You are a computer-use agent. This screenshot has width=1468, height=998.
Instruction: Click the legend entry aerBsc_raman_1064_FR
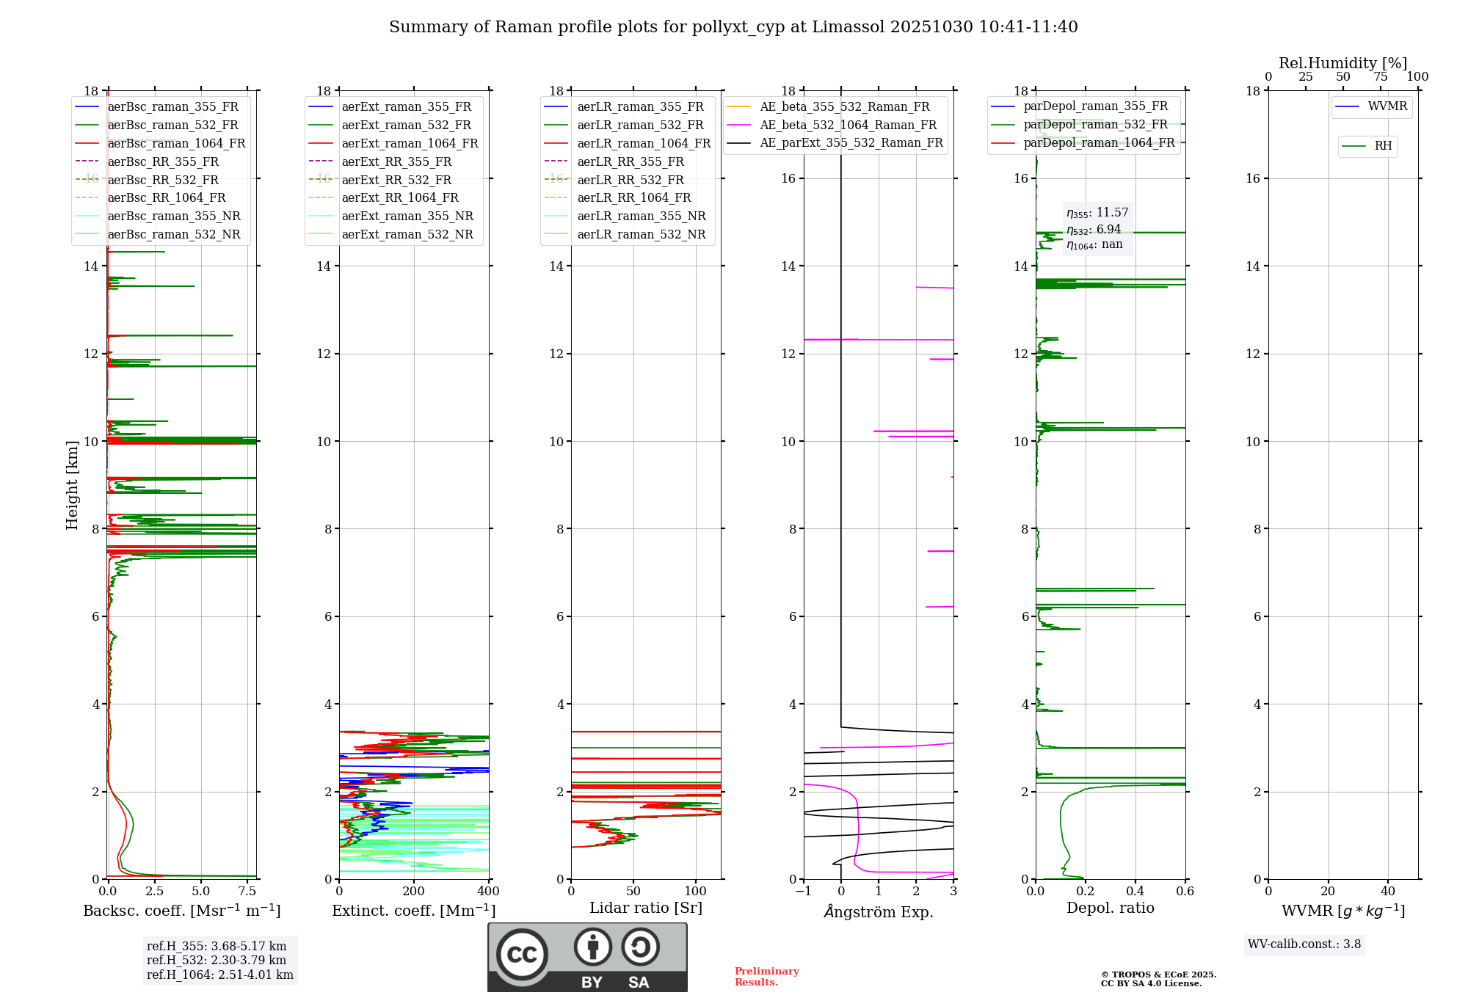[176, 144]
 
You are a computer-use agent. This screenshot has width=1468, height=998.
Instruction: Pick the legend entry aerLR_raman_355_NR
[641, 216]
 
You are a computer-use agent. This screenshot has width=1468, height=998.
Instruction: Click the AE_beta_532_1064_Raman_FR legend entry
[848, 125]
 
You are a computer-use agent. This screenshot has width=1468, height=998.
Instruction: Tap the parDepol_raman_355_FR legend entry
[1095, 106]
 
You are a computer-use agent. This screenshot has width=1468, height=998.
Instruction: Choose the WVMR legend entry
[1387, 106]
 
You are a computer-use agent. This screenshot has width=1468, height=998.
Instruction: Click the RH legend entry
[1383, 146]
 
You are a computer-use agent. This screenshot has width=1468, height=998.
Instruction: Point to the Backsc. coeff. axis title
[181, 911]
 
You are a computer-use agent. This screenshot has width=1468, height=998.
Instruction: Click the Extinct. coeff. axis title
[413, 911]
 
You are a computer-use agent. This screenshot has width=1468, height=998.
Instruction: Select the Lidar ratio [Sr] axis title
[646, 908]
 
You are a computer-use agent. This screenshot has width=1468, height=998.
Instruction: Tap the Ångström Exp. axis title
[879, 911]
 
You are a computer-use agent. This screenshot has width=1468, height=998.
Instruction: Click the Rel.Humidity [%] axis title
[1342, 63]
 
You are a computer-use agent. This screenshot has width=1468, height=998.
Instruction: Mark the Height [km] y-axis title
[72, 484]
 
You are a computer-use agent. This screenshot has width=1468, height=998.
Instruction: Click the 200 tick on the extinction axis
[413, 892]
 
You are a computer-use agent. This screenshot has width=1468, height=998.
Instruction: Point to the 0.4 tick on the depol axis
[1135, 892]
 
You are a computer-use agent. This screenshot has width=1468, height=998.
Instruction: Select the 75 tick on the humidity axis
[1380, 77]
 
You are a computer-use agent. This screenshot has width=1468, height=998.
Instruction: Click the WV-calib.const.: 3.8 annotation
[1304, 944]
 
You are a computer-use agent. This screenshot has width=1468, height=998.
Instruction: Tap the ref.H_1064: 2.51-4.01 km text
[219, 975]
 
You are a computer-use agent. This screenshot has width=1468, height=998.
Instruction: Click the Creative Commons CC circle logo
[522, 954]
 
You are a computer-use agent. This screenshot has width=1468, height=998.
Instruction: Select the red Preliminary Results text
[766, 977]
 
